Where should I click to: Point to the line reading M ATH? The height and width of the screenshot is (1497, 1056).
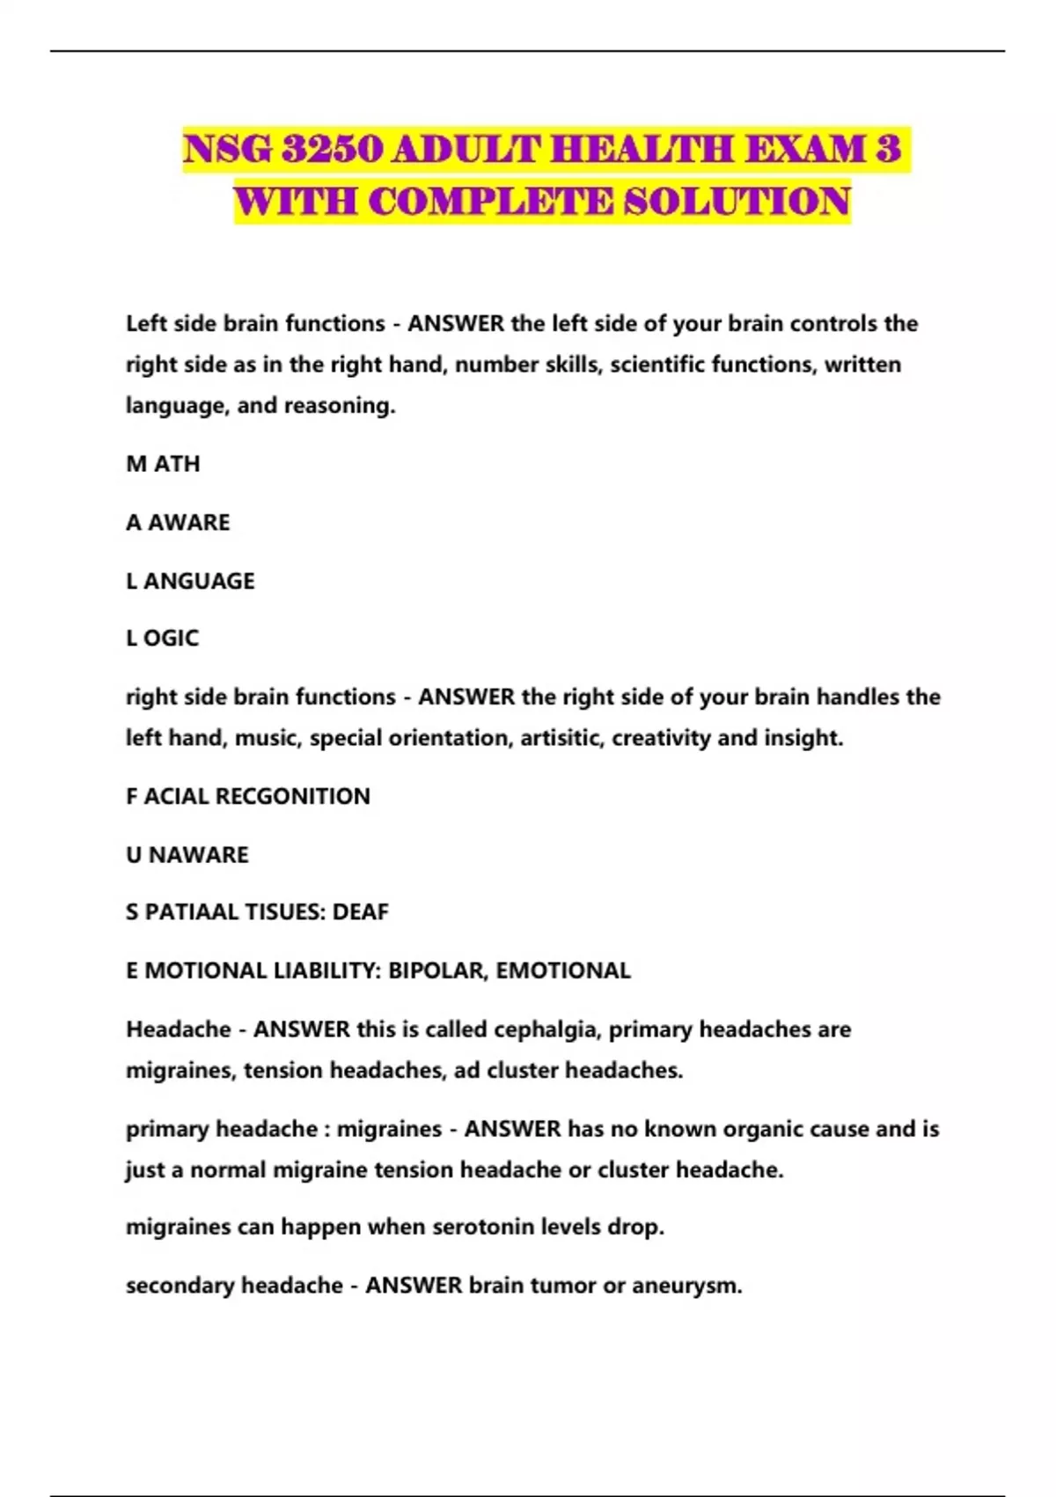[x=163, y=464]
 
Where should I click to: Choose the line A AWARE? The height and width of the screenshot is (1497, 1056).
[x=178, y=522]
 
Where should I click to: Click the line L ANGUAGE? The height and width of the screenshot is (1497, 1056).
[x=190, y=581]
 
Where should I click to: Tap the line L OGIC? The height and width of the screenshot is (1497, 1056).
[x=162, y=638]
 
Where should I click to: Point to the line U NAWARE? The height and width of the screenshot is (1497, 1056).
[x=187, y=855]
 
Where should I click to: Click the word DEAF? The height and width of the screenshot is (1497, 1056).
[x=360, y=912]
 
